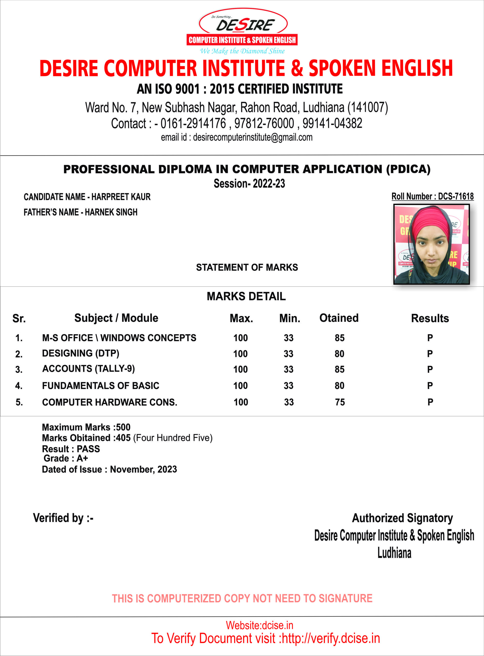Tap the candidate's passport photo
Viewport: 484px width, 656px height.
431,244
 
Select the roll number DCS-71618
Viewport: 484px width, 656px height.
456,197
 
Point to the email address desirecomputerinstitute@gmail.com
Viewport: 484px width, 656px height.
253,137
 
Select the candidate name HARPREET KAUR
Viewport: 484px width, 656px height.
121,197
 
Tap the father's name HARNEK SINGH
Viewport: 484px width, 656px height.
111,212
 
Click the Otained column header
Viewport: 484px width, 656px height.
339,318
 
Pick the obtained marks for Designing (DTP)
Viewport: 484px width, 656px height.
339,354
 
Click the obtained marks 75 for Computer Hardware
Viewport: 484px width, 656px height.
340,402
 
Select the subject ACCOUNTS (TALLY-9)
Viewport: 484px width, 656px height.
88,369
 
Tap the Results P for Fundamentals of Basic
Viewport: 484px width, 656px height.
430,386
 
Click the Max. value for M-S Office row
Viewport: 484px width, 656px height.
240,338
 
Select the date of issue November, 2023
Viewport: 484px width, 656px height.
143,469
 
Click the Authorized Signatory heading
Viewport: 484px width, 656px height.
402,518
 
